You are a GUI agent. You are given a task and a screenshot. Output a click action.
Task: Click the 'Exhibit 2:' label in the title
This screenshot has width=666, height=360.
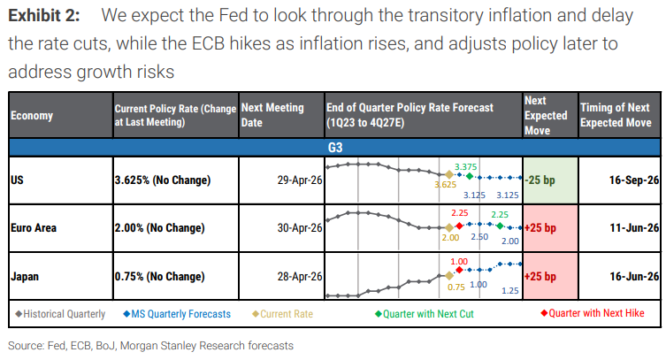pyautogui.click(x=43, y=15)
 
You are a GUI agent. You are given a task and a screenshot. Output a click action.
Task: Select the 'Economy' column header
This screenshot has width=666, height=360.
pyautogui.click(x=32, y=115)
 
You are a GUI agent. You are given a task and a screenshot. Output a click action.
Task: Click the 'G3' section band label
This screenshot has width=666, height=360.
pyautogui.click(x=335, y=146)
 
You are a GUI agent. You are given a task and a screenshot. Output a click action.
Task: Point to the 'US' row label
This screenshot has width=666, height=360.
pyautogui.click(x=17, y=180)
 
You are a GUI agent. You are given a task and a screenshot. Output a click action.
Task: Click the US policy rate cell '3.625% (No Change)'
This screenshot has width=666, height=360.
pyautogui.click(x=163, y=180)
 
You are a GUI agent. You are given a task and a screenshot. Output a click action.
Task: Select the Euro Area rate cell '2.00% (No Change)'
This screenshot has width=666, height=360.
pyautogui.click(x=160, y=228)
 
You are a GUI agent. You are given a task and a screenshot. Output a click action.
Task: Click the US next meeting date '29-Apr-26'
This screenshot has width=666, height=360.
pyautogui.click(x=295, y=180)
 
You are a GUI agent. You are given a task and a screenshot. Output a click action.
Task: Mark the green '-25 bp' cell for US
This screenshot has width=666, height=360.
pyautogui.click(x=549, y=180)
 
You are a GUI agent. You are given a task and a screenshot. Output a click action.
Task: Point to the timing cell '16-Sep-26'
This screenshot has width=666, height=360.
pyautogui.click(x=631, y=180)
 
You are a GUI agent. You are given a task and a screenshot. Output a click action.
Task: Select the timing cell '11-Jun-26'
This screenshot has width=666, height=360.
pyautogui.click(x=631, y=228)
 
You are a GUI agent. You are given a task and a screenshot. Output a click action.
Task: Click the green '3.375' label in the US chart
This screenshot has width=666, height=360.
pyautogui.click(x=466, y=165)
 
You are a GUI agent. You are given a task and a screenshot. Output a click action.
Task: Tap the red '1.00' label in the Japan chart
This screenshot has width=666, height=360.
pyautogui.click(x=459, y=261)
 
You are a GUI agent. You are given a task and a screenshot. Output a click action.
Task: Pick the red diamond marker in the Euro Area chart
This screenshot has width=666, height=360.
pyautogui.click(x=459, y=226)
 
